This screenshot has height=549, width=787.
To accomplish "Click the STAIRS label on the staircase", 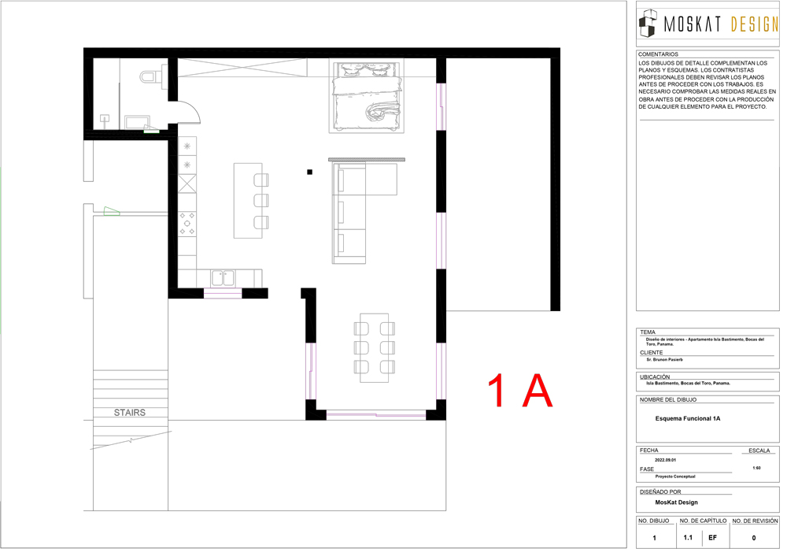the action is click(130, 413).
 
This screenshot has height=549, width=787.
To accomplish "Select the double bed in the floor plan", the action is click(367, 96).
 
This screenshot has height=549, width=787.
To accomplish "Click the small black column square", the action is click(309, 172).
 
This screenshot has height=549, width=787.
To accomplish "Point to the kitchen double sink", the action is click(223, 278).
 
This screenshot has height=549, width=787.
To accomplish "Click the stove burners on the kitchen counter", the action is click(187, 224).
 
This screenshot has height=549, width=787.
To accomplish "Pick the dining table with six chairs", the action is click(375, 347).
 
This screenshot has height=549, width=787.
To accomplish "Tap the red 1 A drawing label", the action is click(520, 391).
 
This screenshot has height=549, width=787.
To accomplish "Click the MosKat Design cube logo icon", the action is click(648, 23).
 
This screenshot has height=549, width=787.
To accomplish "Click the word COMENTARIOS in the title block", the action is click(658, 54).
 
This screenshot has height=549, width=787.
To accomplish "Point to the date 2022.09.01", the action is click(665, 460).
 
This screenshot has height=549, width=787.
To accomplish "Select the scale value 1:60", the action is click(756, 468).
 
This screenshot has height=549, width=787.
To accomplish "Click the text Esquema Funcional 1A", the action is click(688, 418).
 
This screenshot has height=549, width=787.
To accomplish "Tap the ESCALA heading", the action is click(759, 451).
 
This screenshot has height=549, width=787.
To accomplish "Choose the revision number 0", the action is click(754, 538).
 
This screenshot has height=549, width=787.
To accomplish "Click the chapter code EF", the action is click(713, 537).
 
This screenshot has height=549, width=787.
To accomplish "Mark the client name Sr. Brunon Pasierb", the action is click(664, 360).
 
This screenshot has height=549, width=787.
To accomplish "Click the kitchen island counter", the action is click(248, 200).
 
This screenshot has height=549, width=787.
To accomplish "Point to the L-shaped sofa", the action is click(364, 213).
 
